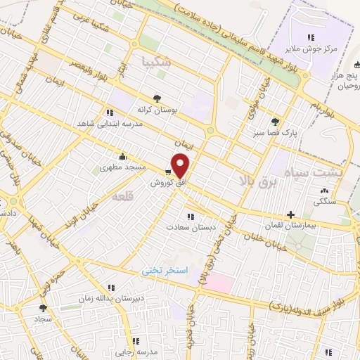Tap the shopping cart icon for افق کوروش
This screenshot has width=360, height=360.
coord(168,171)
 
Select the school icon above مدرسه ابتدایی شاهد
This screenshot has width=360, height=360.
coord(109,112)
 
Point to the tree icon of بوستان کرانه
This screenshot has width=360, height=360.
coord(157,99)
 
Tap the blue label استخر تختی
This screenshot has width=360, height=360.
coord(160,269)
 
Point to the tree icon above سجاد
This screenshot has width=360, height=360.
coord(43,308)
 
